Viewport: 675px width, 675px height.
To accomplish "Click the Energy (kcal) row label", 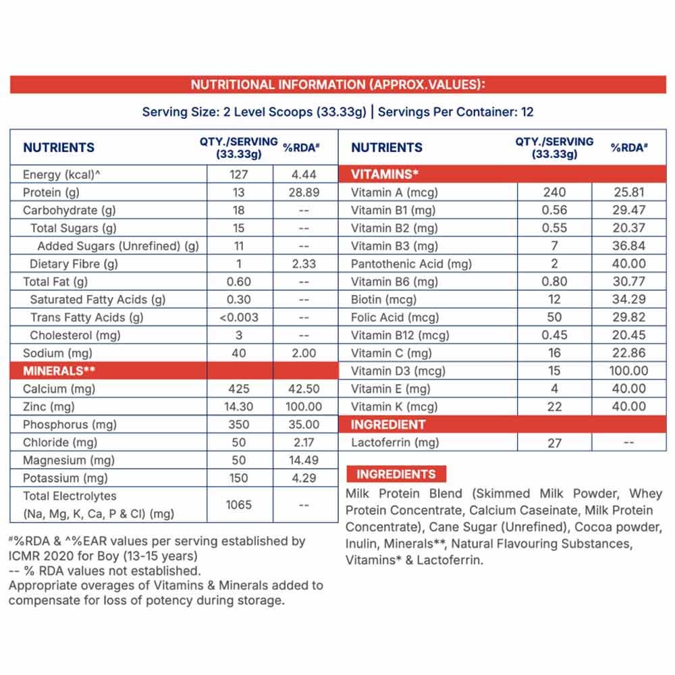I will (x=61, y=174).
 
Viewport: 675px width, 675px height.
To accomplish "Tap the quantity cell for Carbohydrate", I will (x=239, y=210).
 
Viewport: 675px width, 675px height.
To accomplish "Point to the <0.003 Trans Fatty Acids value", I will (x=239, y=317).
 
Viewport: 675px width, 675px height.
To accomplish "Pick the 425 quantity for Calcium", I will (x=239, y=389).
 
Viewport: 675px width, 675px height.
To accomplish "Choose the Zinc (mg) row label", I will (x=49, y=406).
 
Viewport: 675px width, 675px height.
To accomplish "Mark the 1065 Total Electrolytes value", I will (x=239, y=504).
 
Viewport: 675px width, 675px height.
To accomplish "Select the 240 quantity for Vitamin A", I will (x=554, y=192).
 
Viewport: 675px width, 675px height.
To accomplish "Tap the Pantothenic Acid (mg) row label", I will (x=411, y=264).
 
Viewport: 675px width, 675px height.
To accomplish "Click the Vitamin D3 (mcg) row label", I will (x=398, y=371).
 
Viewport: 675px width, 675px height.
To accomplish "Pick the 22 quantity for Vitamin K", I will (x=554, y=406).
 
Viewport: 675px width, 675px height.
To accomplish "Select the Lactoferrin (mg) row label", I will (x=395, y=443).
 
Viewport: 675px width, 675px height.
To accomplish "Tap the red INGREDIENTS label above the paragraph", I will (x=396, y=474).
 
